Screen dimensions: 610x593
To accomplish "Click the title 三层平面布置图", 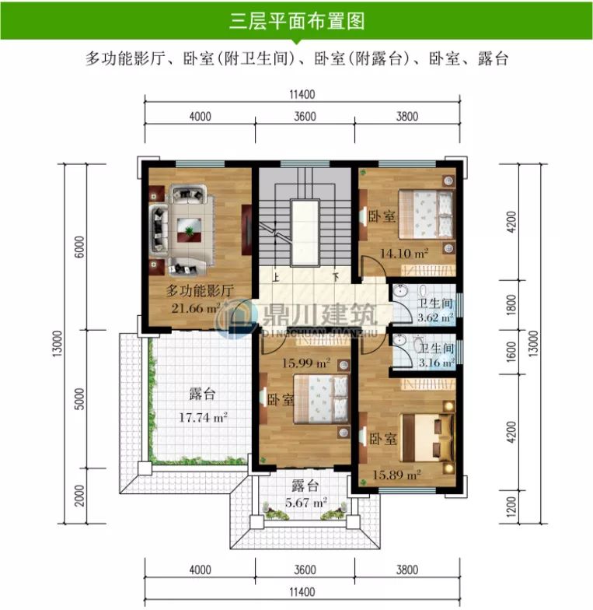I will click(x=296, y=21).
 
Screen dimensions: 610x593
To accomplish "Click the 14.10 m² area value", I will click(x=404, y=253).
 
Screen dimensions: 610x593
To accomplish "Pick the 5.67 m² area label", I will click(x=308, y=502).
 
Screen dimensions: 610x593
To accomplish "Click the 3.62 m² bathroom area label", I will click(x=435, y=318).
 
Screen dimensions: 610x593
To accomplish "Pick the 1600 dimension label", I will click(x=511, y=352).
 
